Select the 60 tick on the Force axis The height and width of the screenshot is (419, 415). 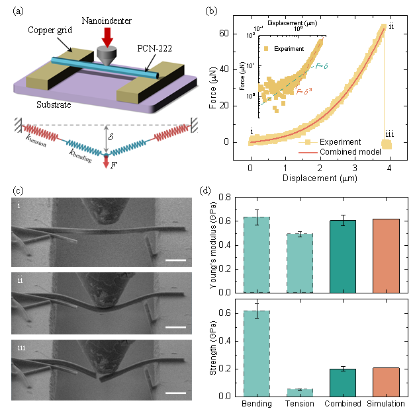pos(234,33)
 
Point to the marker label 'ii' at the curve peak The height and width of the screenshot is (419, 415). pos(391,26)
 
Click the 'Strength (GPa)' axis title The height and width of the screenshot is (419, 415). pos(213,350)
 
